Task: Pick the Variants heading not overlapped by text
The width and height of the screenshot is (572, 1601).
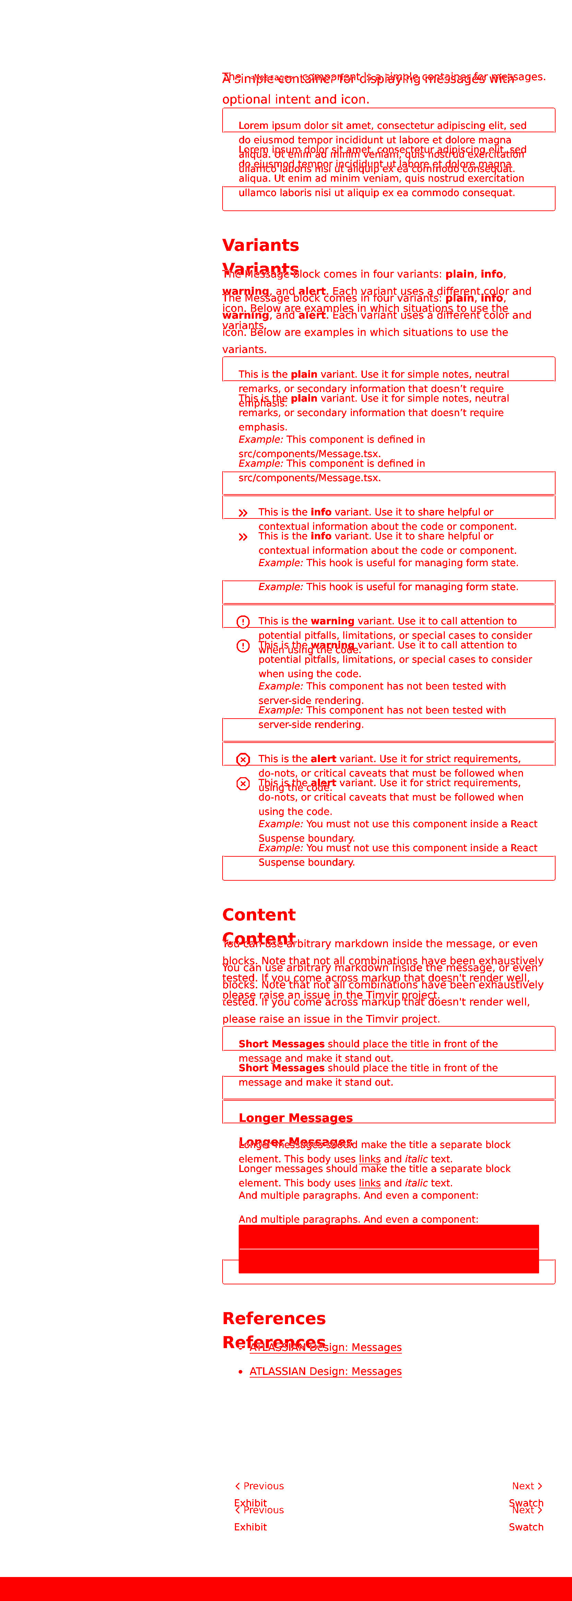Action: click(x=261, y=245)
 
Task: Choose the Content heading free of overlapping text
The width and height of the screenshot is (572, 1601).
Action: click(x=259, y=915)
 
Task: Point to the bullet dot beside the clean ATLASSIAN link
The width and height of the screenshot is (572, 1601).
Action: click(x=241, y=1372)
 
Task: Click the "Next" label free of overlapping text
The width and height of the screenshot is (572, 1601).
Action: click(x=523, y=1486)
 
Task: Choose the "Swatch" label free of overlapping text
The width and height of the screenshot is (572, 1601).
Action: click(x=526, y=1527)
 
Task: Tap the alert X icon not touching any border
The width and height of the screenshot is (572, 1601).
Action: click(x=243, y=784)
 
